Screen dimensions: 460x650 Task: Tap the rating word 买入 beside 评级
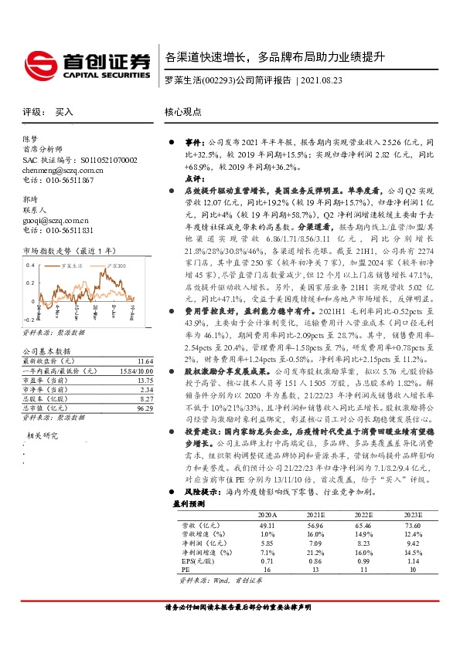coord(64,112)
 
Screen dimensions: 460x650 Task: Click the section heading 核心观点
coord(182,112)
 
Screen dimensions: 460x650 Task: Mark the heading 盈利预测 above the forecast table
coord(188,503)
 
